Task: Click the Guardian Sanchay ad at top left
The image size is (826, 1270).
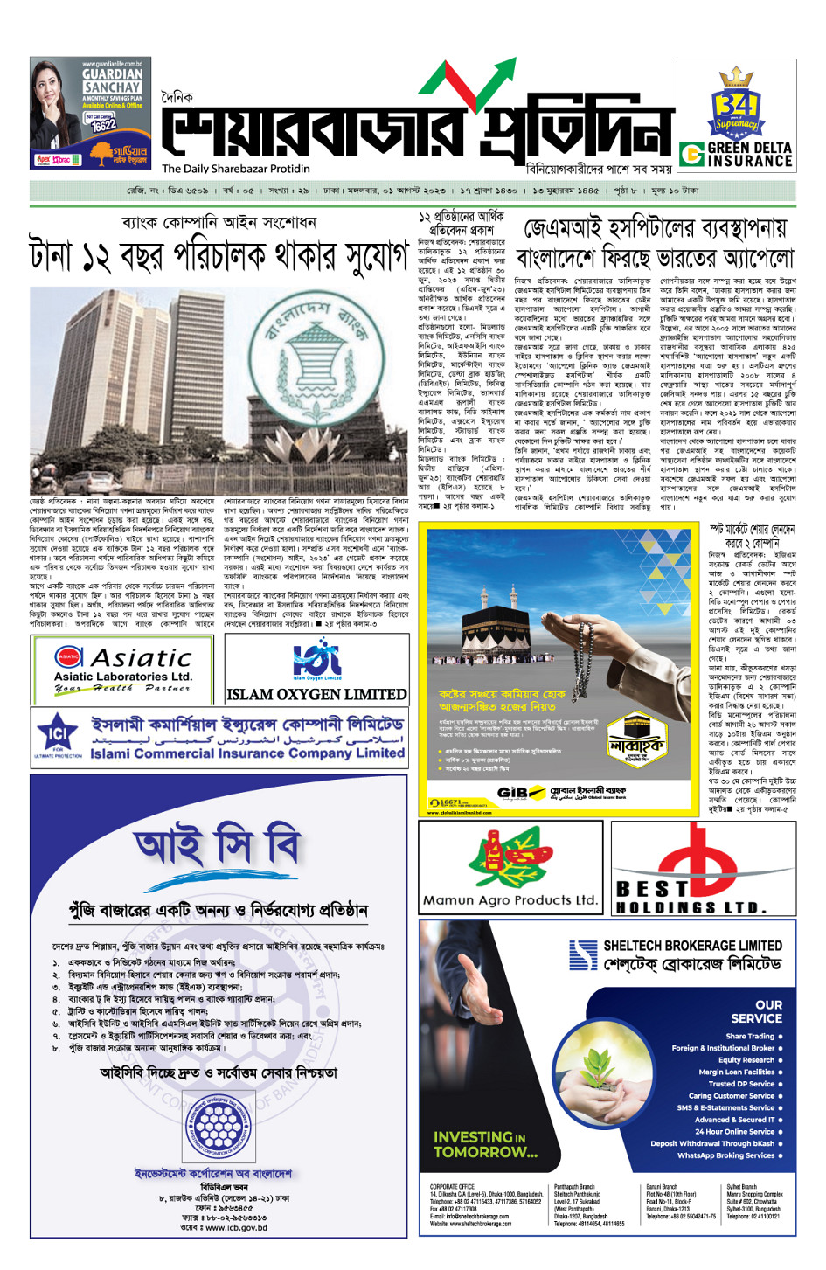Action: (90, 113)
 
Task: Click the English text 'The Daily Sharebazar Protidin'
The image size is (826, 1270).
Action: (236, 169)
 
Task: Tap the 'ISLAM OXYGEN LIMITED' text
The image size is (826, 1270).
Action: (316, 694)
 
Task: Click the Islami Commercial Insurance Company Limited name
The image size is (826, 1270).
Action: (247, 753)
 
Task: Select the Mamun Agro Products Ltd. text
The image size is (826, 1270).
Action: (510, 899)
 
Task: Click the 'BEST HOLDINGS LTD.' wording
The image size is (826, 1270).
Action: (691, 899)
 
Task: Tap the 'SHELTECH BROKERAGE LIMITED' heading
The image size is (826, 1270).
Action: (692, 945)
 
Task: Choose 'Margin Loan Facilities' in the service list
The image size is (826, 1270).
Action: (737, 1072)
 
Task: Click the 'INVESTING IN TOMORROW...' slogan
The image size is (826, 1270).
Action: (486, 1144)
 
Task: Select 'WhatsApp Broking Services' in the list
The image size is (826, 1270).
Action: (725, 1155)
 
